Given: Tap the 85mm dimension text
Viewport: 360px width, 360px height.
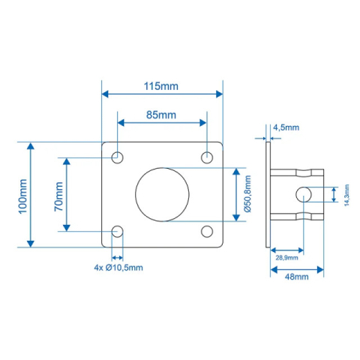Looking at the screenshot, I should [160, 115].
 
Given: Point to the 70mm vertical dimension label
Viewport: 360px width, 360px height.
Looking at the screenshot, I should [58, 193].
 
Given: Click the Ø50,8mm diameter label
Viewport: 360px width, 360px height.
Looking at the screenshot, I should [247, 194].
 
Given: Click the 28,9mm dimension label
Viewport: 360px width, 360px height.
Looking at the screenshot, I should [286, 258].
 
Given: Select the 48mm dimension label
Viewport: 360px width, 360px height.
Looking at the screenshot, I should [296, 277].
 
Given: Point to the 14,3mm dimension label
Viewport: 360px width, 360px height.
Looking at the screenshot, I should [346, 194].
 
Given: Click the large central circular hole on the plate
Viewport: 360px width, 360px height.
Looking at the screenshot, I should [161, 194].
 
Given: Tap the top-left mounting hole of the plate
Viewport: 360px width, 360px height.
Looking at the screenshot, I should [117, 157].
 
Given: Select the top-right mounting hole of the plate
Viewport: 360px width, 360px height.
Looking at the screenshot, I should [206, 157].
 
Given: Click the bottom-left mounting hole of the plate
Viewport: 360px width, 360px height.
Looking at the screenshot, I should [117, 231].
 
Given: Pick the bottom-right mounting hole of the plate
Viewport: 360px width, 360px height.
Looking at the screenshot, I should [206, 231].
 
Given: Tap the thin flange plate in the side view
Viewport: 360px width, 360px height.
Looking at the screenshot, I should [268, 194].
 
